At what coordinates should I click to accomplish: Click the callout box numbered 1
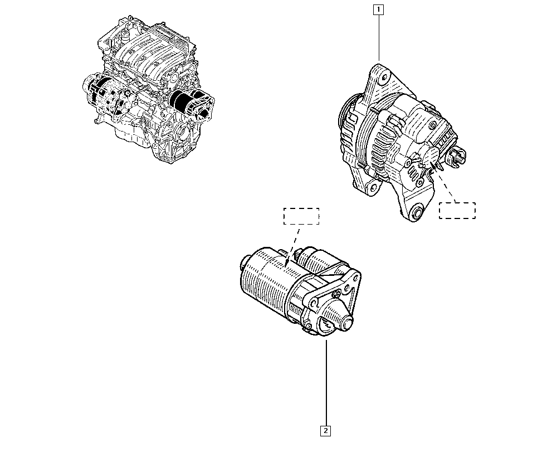click(379, 9)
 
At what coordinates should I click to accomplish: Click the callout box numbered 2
click(325, 431)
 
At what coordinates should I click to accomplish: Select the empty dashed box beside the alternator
click(457, 210)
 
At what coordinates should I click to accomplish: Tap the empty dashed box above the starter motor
click(301, 216)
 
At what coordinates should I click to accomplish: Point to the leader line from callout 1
click(379, 38)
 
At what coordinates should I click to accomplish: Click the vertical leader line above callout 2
click(326, 383)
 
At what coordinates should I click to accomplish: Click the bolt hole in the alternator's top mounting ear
click(383, 78)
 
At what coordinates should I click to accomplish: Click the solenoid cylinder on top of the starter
click(321, 261)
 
